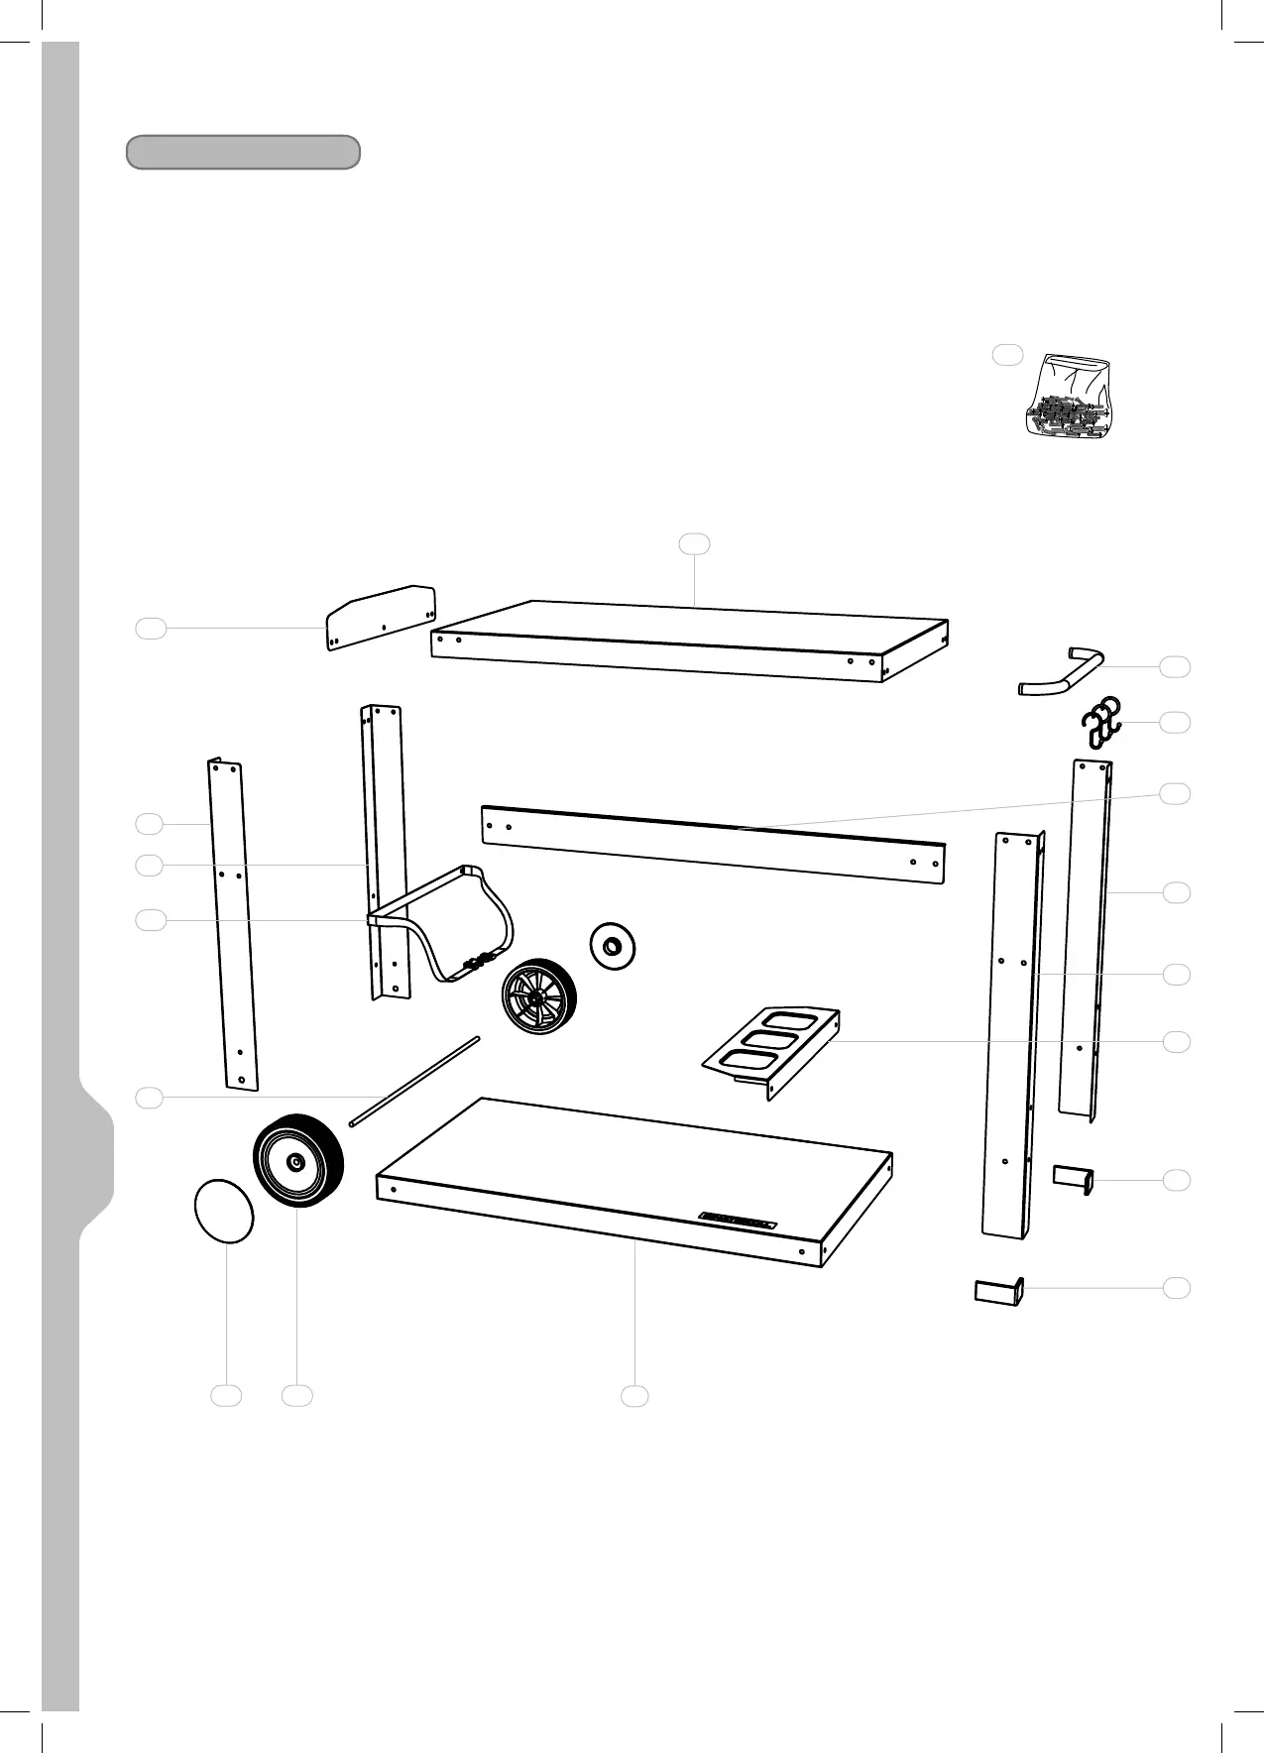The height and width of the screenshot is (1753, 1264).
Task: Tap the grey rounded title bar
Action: (x=243, y=153)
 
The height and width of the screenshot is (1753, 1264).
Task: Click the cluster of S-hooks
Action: (x=1100, y=721)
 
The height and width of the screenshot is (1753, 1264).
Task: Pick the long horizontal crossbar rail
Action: (x=713, y=844)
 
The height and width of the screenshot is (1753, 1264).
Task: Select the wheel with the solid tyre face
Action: (x=297, y=1160)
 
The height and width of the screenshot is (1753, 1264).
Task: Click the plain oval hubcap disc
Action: (x=223, y=1210)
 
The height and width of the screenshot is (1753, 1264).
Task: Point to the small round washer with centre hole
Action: (x=614, y=946)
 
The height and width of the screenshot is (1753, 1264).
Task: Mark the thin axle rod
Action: (x=414, y=1082)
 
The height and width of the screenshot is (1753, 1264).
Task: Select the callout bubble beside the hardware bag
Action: (x=1007, y=355)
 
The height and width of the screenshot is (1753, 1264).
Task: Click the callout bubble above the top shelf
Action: (x=694, y=542)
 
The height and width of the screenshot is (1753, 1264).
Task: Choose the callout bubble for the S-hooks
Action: (x=1176, y=722)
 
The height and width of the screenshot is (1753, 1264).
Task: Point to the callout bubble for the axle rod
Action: (x=149, y=1097)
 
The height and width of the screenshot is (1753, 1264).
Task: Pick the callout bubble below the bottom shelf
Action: (x=634, y=1395)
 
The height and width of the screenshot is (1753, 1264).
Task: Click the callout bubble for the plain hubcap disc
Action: (x=227, y=1395)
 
